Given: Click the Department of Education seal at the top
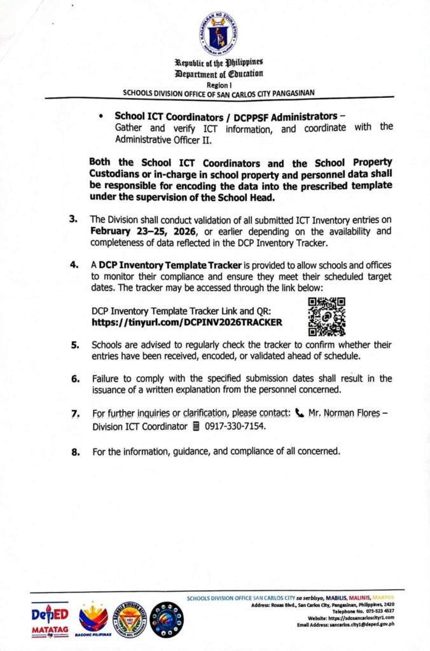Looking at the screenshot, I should coord(218,34).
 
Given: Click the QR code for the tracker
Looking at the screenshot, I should coord(326,316).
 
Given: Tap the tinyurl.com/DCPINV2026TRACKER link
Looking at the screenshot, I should coord(187,322).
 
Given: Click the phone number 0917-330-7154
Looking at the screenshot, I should coord(235,427).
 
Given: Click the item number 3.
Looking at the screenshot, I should coord(74,219).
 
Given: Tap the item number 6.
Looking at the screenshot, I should coord(75,379).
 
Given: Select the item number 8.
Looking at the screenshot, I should coord(75,453).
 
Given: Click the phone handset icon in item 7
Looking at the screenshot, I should coord(300,413).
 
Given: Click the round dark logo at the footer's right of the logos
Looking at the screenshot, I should coord(167,620).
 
